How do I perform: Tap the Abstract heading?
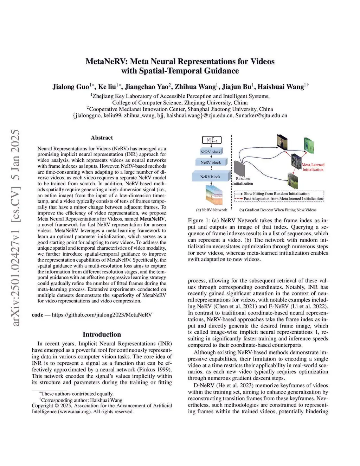tap(102, 138)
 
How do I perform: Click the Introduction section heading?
tap(102, 334)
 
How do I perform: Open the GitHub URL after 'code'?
tap(102, 315)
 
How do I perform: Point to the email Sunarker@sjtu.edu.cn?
tap(261, 115)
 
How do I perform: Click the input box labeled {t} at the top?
tap(212, 140)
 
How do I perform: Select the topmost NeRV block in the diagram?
tap(211, 152)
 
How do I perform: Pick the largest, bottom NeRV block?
tap(211, 177)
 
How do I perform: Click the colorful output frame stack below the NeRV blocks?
tap(214, 194)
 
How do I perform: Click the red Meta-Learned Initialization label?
tap(313, 167)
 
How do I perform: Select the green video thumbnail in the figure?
tap(309, 145)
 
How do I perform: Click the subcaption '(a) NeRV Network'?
tap(211, 210)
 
